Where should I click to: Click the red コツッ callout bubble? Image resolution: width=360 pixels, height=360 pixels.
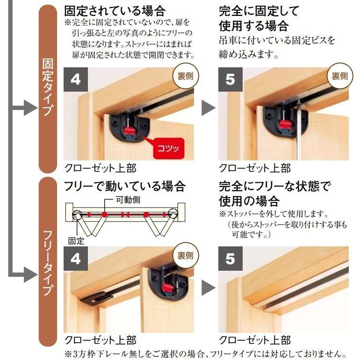(169, 148)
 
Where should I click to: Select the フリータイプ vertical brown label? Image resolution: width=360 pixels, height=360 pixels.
(48, 262)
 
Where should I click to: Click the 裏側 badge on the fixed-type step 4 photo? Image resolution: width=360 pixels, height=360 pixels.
(186, 76)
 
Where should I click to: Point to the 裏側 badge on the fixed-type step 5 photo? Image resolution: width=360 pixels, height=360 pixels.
(340, 76)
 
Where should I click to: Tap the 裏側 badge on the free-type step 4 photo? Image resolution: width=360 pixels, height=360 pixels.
(186, 255)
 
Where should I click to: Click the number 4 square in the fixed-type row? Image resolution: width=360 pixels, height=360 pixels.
(76, 79)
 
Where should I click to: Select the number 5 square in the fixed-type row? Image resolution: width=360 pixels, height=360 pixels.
(230, 79)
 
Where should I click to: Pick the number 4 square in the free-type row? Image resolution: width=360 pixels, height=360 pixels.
(76, 259)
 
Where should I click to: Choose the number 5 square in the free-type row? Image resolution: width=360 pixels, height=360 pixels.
(230, 259)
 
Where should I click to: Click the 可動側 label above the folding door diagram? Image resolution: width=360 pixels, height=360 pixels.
(128, 200)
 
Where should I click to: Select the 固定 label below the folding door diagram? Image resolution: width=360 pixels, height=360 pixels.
(76, 241)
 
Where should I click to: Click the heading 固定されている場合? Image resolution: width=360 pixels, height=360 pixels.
(115, 11)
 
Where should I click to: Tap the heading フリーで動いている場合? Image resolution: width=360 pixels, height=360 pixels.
(125, 186)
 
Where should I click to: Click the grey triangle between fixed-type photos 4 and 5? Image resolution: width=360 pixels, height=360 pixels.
(208, 108)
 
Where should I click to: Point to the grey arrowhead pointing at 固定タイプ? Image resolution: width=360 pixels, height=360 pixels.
(30, 108)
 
